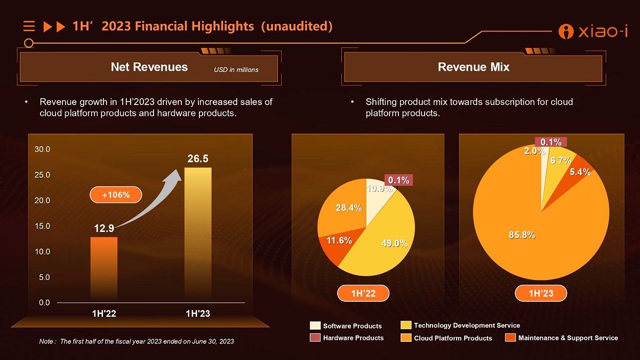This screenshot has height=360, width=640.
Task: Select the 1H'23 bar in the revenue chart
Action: pos(198,235)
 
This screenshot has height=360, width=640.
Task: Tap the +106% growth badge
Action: pos(116,195)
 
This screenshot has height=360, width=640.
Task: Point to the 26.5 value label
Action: pos(198,159)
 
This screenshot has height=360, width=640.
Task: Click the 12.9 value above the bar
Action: pos(103,228)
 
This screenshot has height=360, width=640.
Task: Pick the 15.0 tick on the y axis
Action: pos(42,226)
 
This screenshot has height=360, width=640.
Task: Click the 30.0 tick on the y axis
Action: pos(42,149)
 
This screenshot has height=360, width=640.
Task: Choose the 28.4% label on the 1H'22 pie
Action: pos(348,208)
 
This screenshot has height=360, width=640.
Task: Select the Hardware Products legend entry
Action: pos(347,338)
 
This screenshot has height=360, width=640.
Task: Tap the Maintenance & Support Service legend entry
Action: pos(561,338)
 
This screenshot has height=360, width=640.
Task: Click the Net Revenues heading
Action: pos(149,67)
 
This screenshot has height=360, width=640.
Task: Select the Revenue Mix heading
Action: pos(474,67)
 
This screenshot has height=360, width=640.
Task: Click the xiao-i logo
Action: pos(593,31)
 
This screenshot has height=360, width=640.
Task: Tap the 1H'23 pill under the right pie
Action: pos(541,293)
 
